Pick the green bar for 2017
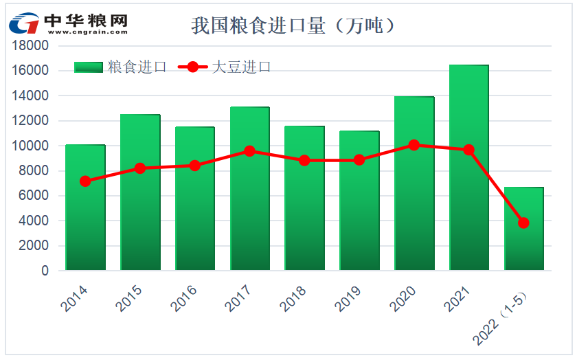(x=250, y=206)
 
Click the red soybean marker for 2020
(x=414, y=145)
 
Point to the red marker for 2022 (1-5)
(x=523, y=223)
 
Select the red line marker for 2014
(x=85, y=181)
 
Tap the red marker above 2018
(x=304, y=160)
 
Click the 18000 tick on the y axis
(x=32, y=46)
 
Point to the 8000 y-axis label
(x=35, y=171)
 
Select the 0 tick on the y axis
(x=45, y=271)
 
